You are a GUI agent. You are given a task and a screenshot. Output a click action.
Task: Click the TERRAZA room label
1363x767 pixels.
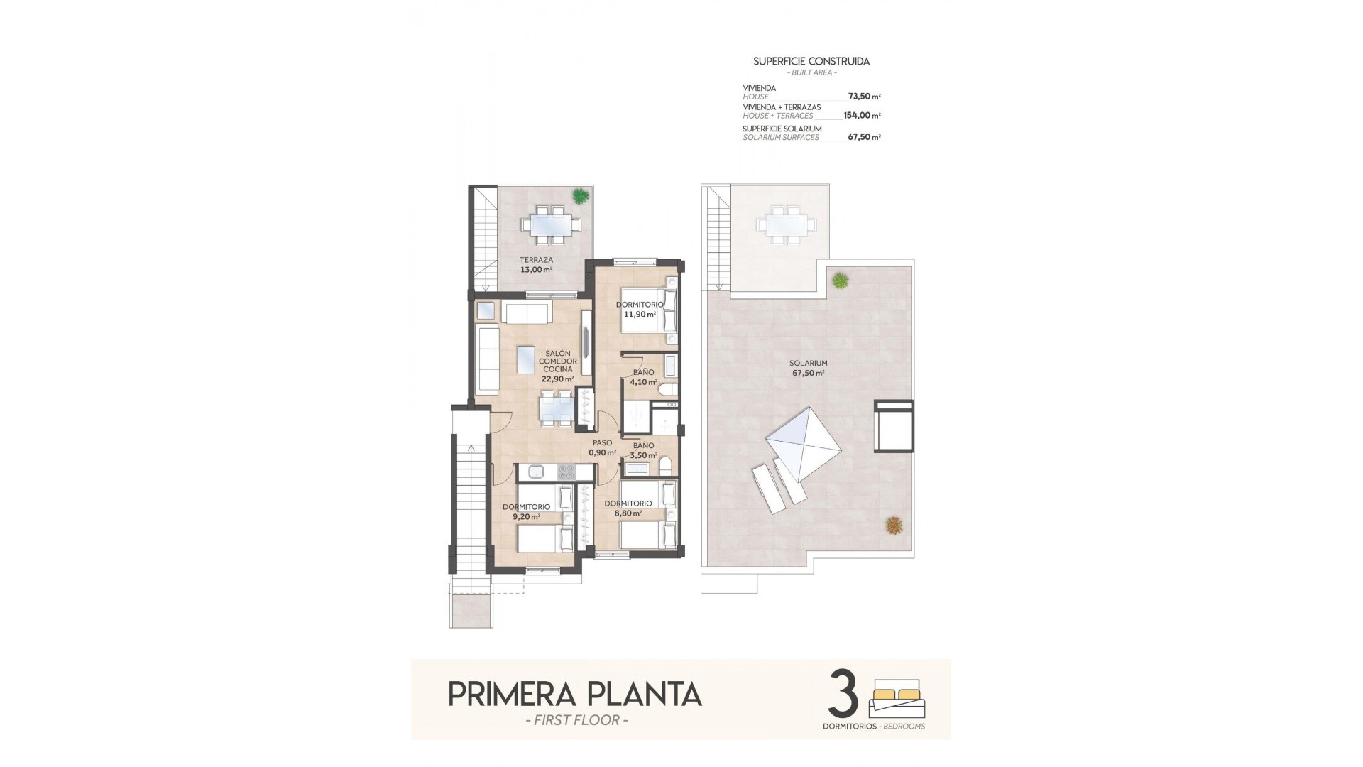pos(535,261)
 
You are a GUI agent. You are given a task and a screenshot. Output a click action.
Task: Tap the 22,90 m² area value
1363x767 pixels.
pos(557,379)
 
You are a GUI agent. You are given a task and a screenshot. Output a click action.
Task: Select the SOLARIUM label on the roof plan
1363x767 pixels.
pos(809,363)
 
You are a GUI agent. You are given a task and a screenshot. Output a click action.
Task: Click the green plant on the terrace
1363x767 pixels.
pos(581,195)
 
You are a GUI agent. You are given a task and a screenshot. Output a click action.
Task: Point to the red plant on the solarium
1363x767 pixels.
pos(894,526)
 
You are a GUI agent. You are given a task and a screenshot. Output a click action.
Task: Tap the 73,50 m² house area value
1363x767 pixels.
pos(864,96)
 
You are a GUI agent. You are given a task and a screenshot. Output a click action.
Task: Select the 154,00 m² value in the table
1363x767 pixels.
pos(862,115)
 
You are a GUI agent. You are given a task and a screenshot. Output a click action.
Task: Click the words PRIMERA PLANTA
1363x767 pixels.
pos(575,695)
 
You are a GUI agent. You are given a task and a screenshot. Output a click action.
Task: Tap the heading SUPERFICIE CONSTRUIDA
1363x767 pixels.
pos(811,62)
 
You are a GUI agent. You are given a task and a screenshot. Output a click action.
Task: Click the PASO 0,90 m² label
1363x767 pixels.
pos(602,447)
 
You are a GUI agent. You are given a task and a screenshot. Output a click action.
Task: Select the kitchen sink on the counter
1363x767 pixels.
pos(535,470)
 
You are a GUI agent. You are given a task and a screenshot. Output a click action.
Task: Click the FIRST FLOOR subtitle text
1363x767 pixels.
pos(574,721)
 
